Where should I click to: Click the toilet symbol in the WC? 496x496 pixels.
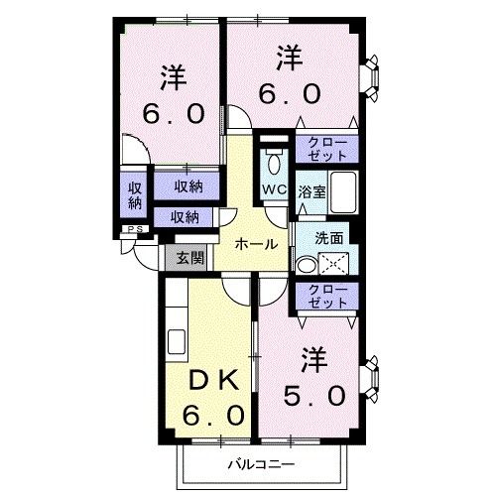[274, 162]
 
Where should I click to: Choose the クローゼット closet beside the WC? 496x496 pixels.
[326, 149]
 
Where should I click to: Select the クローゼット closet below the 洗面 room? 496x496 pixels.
[326, 296]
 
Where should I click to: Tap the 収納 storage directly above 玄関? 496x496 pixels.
[185, 216]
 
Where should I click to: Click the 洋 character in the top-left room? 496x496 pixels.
[172, 77]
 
